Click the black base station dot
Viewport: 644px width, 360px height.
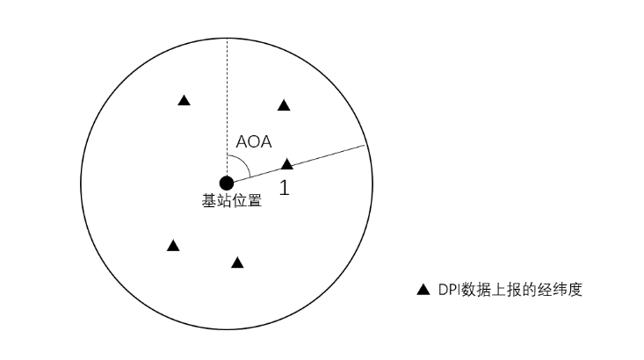pyautogui.click(x=227, y=183)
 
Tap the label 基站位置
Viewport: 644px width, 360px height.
pyautogui.click(x=232, y=200)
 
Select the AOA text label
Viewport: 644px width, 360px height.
pyautogui.click(x=254, y=141)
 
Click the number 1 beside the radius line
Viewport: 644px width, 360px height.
pyautogui.click(x=284, y=186)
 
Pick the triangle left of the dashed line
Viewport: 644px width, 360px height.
pyautogui.click(x=184, y=101)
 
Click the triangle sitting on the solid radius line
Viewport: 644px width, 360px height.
pyautogui.click(x=286, y=163)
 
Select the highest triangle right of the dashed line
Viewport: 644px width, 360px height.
pyautogui.click(x=284, y=105)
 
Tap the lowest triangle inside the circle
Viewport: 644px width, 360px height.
pyautogui.click(x=237, y=263)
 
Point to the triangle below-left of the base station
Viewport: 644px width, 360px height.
pyautogui.click(x=173, y=246)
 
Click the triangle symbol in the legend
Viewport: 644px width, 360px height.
pyautogui.click(x=423, y=289)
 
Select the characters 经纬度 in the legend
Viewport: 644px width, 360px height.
pyautogui.click(x=562, y=289)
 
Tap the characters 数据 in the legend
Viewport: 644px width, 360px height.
pyautogui.click(x=478, y=289)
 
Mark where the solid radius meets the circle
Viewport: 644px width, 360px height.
pyautogui.click(x=365, y=145)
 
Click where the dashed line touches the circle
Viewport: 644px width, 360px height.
pyautogui.click(x=227, y=39)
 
